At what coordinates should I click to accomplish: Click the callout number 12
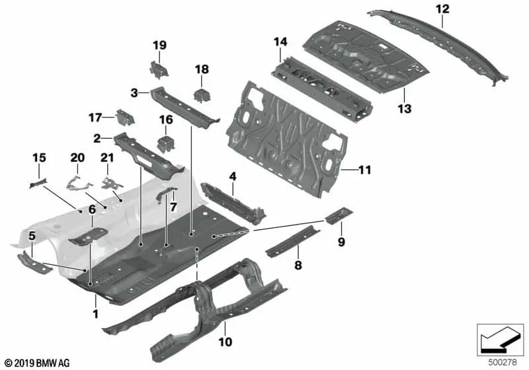coord(442,9)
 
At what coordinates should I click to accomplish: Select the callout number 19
coord(159,45)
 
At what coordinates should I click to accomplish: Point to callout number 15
coord(39,157)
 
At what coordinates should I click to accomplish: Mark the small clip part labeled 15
coord(38,181)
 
